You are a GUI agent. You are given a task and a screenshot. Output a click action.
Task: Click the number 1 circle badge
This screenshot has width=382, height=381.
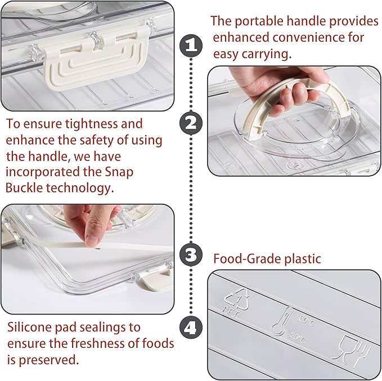tap(191, 45)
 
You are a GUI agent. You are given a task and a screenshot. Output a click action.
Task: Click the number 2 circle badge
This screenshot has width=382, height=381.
tap(191, 122)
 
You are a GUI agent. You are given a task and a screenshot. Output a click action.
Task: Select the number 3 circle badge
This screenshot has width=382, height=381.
tap(191, 255)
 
